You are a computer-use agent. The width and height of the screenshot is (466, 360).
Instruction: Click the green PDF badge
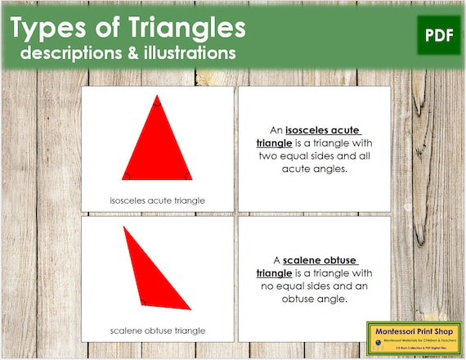click(x=438, y=34)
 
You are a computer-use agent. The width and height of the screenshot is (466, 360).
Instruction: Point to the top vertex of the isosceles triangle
click(x=157, y=98)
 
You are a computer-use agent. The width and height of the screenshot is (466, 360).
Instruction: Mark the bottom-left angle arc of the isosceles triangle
click(x=126, y=175)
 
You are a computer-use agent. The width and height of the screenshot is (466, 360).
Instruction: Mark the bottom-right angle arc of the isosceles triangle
click(x=186, y=175)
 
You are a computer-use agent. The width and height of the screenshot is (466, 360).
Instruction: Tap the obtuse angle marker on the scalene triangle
click(x=142, y=301)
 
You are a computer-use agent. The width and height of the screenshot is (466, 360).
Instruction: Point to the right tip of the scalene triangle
click(x=190, y=308)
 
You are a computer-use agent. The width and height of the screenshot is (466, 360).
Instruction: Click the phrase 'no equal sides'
click(x=293, y=286)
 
